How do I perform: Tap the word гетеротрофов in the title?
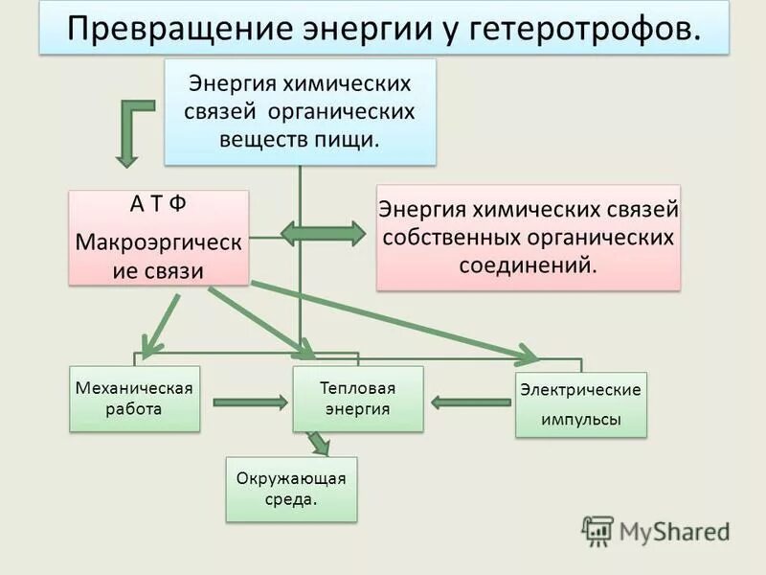(583, 29)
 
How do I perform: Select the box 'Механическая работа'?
(134, 398)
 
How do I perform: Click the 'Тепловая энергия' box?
(357, 399)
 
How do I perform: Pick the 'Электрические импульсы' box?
(580, 404)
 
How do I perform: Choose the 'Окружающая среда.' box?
(291, 489)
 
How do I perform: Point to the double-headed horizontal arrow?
(323, 234)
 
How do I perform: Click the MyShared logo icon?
(598, 530)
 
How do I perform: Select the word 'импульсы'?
(580, 420)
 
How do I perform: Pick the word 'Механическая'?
(134, 388)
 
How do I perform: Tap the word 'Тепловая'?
(357, 388)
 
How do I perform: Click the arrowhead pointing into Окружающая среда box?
(320, 446)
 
